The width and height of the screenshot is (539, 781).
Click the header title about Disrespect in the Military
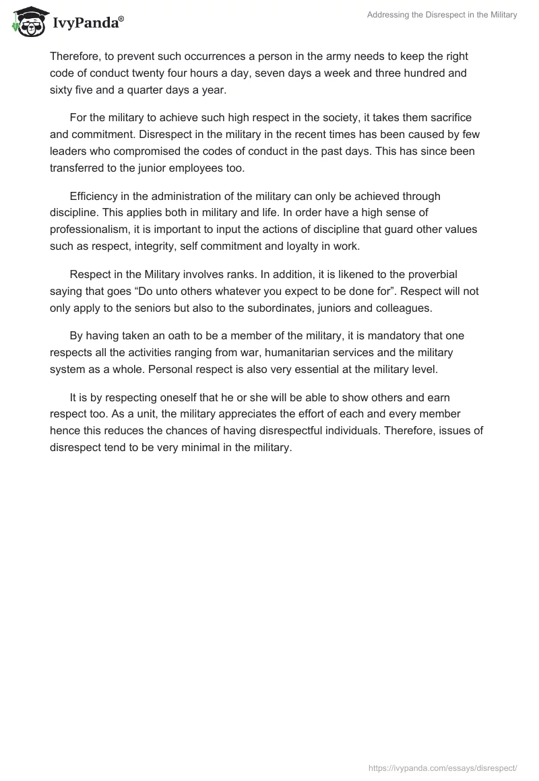(x=442, y=15)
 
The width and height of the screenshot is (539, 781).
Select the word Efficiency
(x=96, y=197)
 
